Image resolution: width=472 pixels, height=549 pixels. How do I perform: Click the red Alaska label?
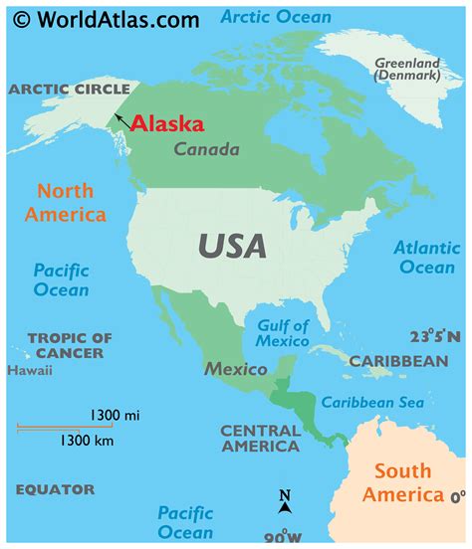coord(167,123)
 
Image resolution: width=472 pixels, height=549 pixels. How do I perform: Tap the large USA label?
coord(231,244)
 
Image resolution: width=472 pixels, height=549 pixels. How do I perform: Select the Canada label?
coord(206,150)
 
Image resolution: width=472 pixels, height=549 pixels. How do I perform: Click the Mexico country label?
coord(236,369)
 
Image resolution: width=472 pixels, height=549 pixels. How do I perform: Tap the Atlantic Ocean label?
coord(426,258)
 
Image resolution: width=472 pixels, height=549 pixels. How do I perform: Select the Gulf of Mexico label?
coord(284,334)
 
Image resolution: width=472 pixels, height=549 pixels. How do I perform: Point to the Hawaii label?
coord(29,371)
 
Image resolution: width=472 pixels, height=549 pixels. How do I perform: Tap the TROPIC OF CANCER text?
coord(70,346)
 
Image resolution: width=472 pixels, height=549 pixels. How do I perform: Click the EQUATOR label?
coord(55,489)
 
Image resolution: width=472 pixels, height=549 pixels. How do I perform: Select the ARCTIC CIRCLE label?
coord(70,90)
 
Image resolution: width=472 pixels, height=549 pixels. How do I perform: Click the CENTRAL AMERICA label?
coord(259,439)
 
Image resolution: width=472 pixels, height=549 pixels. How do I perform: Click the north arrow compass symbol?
coord(285,502)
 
